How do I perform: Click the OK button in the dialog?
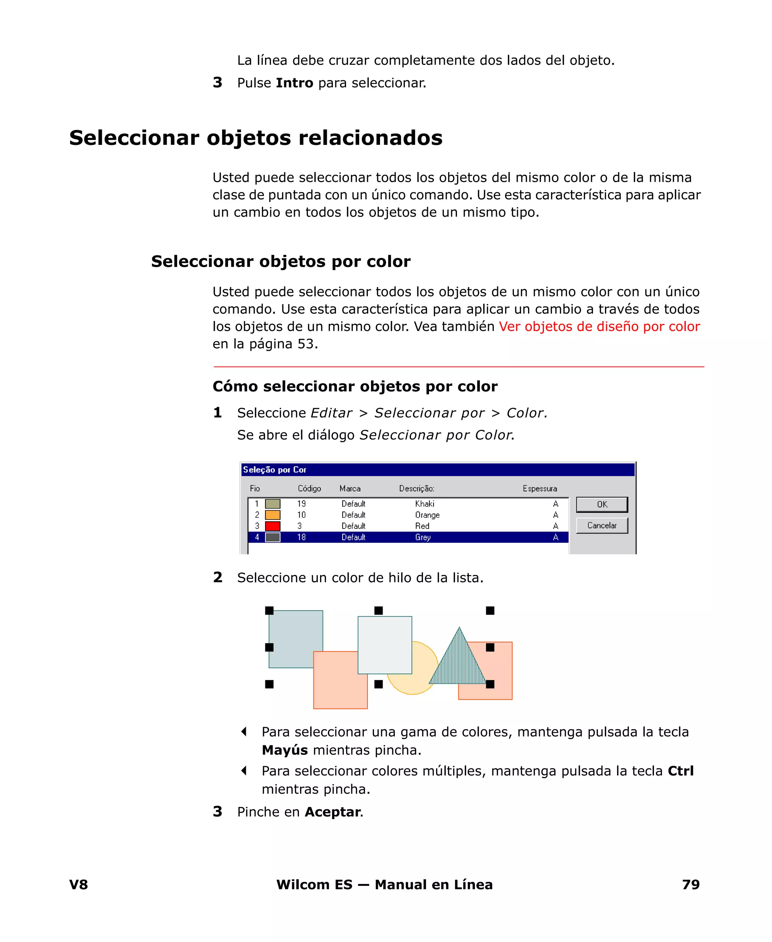tap(602, 504)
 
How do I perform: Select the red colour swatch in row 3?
tap(273, 526)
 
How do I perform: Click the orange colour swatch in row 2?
tap(273, 515)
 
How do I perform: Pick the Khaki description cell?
tap(425, 504)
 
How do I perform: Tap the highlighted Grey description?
tap(423, 537)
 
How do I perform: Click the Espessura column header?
tap(539, 489)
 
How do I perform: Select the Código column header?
tap(309, 489)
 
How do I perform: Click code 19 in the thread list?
tap(302, 504)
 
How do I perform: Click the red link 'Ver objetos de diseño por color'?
tap(599, 327)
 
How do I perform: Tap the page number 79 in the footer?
tap(691, 884)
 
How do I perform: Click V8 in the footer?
tap(79, 884)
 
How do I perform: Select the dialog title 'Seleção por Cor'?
tap(274, 469)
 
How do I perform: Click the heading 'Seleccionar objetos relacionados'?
tap(256, 137)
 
